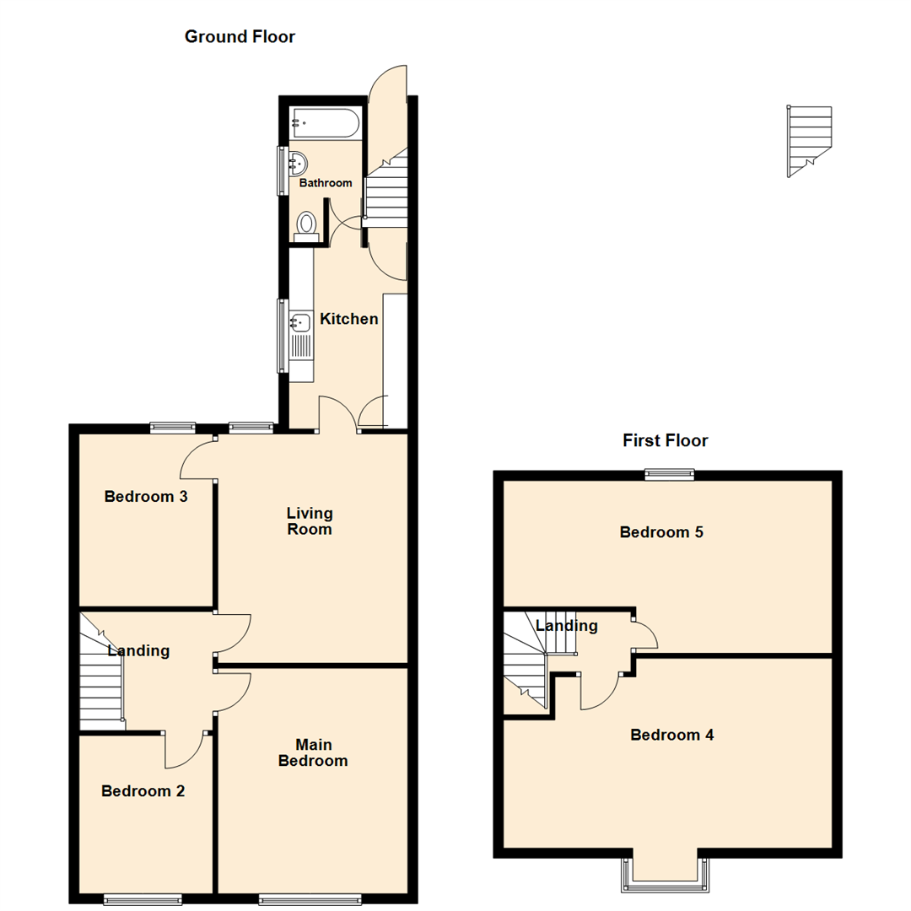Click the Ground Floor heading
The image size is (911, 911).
(x=240, y=37)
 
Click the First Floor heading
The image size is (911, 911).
(x=665, y=440)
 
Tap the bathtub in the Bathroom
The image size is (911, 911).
(x=325, y=123)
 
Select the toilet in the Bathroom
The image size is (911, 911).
(x=306, y=225)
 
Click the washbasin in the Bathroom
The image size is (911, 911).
(x=297, y=162)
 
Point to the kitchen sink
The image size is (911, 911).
(x=299, y=321)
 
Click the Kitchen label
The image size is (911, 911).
(x=348, y=320)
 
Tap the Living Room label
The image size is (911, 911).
(x=310, y=521)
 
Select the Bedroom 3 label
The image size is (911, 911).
(x=145, y=497)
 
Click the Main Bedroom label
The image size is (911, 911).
(x=313, y=752)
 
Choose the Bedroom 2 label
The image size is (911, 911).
(x=143, y=791)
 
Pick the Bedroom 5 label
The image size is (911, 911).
(x=661, y=532)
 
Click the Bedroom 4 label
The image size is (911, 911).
(x=672, y=735)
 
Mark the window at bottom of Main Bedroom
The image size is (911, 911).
(x=312, y=898)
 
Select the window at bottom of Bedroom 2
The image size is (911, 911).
(x=143, y=898)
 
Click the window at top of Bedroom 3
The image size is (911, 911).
(x=173, y=428)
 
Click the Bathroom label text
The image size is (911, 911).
(x=326, y=183)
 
